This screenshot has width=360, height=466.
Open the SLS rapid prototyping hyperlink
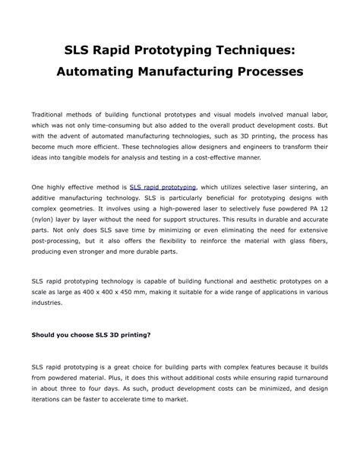click(x=163, y=186)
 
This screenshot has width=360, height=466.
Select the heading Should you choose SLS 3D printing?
click(x=90, y=334)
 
